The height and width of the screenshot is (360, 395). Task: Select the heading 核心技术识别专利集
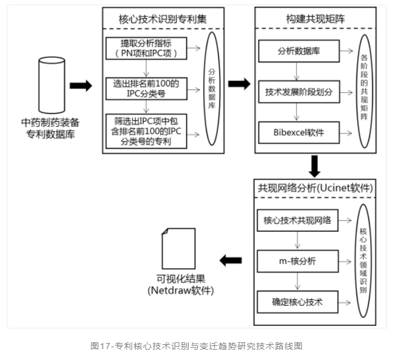click(x=163, y=19)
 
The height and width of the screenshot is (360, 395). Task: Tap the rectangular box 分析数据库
click(x=298, y=50)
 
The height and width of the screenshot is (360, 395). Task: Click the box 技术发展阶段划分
click(x=298, y=92)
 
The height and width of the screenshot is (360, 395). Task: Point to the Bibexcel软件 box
click(x=298, y=131)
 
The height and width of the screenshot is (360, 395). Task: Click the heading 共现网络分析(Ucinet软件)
click(x=315, y=189)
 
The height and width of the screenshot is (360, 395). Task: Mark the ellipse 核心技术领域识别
click(x=363, y=261)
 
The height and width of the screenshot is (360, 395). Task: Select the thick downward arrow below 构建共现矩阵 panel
click(x=315, y=165)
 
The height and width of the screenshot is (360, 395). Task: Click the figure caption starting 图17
click(x=197, y=346)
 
